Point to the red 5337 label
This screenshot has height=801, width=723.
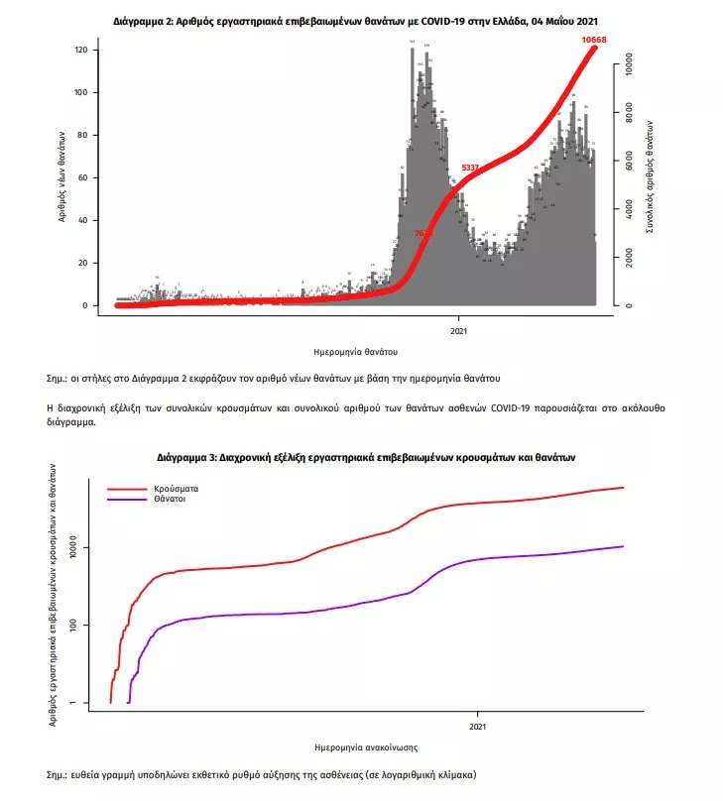click(470, 168)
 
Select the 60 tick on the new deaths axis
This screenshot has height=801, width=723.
click(85, 177)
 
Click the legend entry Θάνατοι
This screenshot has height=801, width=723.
click(171, 501)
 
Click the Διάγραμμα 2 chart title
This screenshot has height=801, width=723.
click(356, 20)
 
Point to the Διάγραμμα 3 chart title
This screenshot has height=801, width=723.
click(366, 458)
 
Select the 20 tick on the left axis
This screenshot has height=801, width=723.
click(85, 263)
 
